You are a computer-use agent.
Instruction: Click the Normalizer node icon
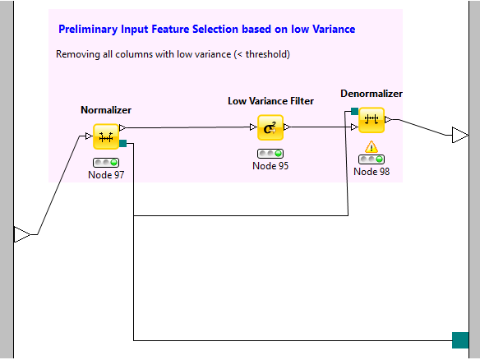106,136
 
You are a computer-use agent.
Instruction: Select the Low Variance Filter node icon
270,127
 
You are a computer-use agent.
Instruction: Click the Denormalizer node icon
372,120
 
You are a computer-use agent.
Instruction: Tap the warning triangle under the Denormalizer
372,147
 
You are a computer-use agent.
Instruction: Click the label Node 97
106,175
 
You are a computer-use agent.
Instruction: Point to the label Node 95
270,165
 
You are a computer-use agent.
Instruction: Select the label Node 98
372,172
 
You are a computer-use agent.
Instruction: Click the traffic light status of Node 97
106,163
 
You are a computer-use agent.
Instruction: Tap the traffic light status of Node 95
270,154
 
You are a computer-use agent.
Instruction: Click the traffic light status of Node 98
372,159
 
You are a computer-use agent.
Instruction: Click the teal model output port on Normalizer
122,143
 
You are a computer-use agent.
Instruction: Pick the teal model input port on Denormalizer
354,111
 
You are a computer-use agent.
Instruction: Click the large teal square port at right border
460,340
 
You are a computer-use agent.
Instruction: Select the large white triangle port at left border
21,234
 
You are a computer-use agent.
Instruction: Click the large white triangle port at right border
459,135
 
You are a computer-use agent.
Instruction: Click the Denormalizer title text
372,94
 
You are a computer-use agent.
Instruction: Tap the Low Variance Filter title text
270,101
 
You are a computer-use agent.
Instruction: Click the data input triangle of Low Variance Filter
253,127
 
